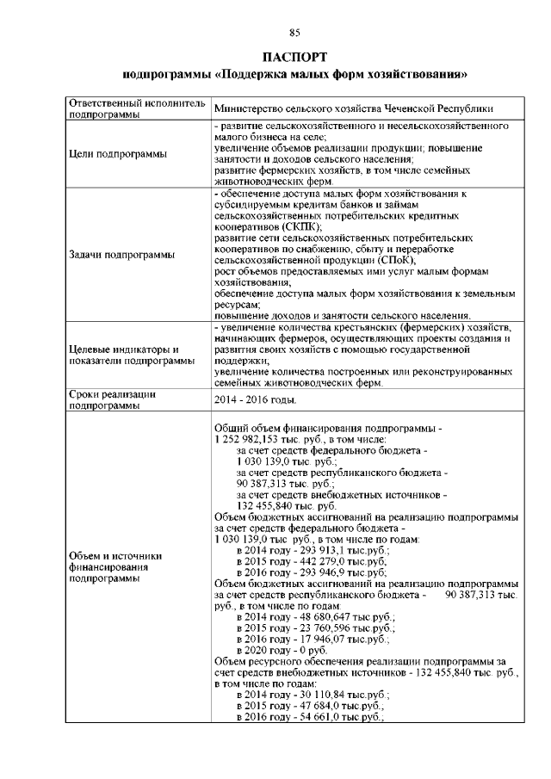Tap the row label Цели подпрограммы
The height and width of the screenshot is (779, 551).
click(117, 154)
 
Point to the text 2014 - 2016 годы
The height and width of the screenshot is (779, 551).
click(256, 400)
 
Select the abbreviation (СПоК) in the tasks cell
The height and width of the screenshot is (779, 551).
click(397, 259)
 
